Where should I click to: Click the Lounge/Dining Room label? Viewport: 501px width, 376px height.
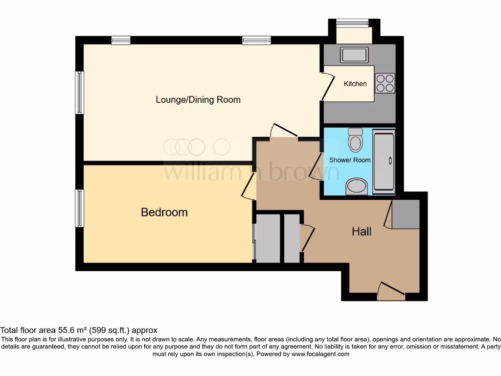[x=198, y=100]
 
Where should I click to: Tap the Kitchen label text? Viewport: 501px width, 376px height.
[x=355, y=84]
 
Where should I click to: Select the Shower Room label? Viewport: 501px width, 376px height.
[x=350, y=160]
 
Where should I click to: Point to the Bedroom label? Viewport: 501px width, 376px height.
[x=164, y=212]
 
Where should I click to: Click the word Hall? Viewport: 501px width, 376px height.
[x=362, y=232]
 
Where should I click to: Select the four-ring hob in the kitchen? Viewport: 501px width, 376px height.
[x=385, y=82]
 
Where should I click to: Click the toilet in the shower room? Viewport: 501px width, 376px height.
[x=355, y=140]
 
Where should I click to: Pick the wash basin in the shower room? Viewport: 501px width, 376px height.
[x=356, y=187]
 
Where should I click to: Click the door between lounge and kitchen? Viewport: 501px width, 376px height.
[x=327, y=87]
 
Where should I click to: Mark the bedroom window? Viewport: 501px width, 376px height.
[x=79, y=209]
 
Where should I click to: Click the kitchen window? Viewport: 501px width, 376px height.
[x=352, y=22]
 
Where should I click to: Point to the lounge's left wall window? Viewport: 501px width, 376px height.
[x=79, y=93]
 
